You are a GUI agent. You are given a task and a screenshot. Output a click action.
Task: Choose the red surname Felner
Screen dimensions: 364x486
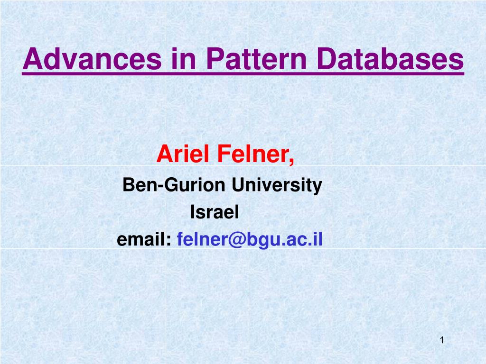253,154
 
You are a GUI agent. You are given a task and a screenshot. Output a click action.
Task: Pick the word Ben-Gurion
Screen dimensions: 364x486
174,185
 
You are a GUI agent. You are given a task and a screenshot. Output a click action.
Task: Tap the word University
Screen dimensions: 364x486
277,185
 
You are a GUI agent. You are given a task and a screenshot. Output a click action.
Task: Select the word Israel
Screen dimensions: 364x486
215,212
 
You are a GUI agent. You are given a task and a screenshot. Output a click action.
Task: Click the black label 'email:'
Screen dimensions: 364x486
144,240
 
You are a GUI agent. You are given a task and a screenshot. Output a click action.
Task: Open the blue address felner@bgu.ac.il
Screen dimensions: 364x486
250,240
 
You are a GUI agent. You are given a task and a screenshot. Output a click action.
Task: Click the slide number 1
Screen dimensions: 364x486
442,340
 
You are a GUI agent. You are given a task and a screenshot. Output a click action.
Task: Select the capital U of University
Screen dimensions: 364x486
237,185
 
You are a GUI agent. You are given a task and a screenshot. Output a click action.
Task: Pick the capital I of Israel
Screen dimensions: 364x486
193,212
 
